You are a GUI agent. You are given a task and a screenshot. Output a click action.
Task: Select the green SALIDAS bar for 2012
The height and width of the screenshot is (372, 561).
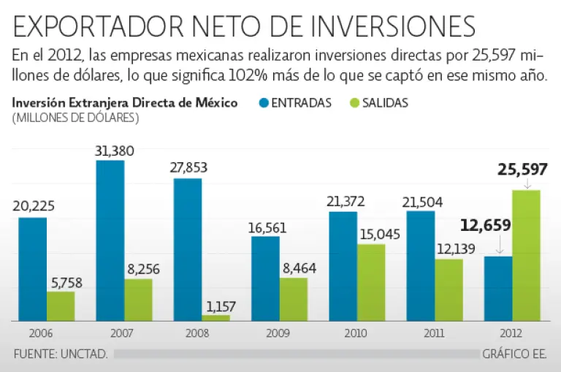[526, 255]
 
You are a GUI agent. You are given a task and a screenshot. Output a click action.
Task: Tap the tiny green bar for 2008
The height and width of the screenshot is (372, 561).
[215, 318]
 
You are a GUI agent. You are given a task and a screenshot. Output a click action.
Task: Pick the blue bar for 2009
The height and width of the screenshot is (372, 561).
[265, 278]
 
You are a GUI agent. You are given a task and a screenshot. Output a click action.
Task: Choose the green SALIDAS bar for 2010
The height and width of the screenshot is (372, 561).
[371, 282]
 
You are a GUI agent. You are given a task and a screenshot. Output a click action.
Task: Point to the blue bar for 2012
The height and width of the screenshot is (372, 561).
[498, 288]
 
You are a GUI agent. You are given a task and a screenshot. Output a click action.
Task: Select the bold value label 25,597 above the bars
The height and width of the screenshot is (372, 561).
[522, 170]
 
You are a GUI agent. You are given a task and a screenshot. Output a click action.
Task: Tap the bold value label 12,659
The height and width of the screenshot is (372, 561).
[485, 225]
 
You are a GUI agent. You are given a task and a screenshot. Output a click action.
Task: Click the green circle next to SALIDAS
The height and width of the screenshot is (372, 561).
[348, 103]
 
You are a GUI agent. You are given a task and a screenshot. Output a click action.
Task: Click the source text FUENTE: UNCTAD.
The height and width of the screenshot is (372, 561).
[61, 354]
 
